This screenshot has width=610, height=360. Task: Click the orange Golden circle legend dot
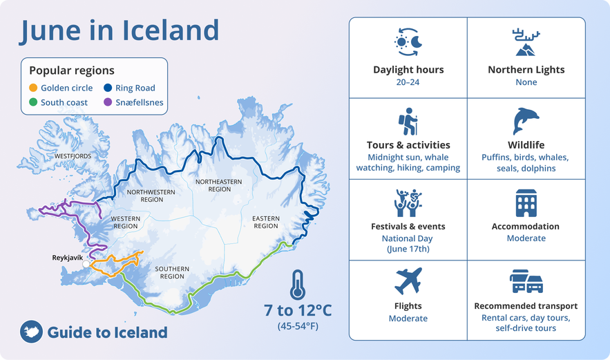click(33, 88)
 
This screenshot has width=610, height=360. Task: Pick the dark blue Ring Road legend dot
click(108, 88)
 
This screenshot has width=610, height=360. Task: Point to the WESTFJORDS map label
click(73, 156)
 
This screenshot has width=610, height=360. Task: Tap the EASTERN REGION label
click(265, 222)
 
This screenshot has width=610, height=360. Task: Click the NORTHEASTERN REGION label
click(213, 185)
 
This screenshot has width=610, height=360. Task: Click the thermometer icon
click(298, 284)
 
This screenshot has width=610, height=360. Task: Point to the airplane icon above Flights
click(408, 281)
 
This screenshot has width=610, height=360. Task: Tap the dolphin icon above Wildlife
click(526, 121)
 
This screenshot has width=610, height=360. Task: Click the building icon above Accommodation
click(526, 202)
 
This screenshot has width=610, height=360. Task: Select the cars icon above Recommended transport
click(526, 281)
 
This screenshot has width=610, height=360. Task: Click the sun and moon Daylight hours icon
click(408, 43)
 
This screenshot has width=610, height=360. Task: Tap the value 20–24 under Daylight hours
click(408, 82)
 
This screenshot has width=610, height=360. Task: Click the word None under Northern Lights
click(526, 82)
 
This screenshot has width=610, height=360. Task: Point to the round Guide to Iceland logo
click(31, 332)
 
